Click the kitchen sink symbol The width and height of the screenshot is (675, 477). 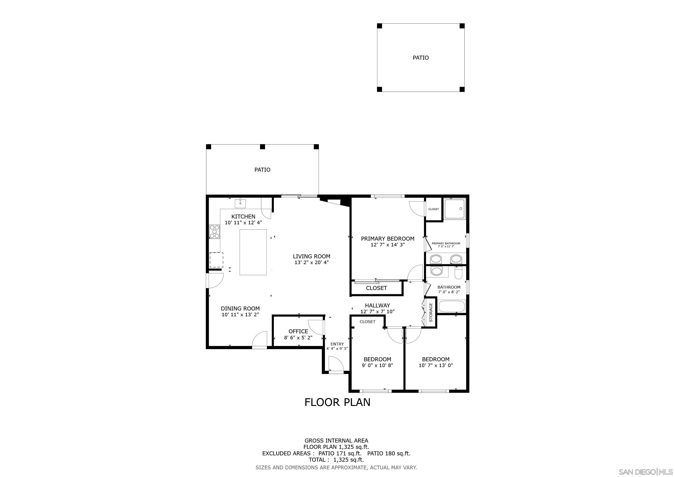(240, 203)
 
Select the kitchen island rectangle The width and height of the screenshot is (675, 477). (253, 252)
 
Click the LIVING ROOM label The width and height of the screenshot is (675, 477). (311, 256)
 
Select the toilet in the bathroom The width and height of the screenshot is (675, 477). (458, 273)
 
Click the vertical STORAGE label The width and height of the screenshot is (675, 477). (431, 313)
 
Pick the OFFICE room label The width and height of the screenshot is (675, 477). (298, 331)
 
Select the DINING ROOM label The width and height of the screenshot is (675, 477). (240, 308)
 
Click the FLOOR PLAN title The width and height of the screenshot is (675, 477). (337, 402)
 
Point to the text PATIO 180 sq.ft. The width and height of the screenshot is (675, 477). (389, 453)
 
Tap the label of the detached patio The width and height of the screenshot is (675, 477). (420, 58)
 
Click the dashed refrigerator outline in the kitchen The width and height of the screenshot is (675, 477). (216, 260)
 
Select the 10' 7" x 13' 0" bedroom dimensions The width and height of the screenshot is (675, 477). (435, 365)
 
